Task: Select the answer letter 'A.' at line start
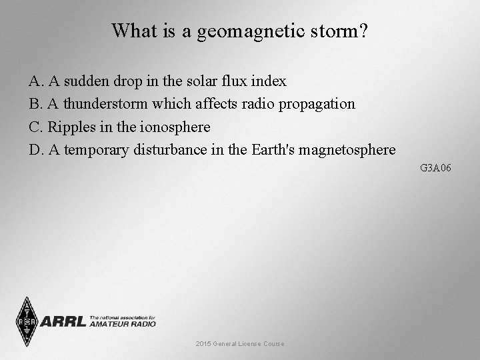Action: coord(37,81)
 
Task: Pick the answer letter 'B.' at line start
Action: coord(36,104)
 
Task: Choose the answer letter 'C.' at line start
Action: coord(36,127)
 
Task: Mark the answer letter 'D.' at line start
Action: coord(37,149)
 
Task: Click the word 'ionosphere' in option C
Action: coord(177,127)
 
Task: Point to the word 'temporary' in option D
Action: coord(93,150)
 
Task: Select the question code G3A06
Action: coord(435,168)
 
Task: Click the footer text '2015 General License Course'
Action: coord(240,343)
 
